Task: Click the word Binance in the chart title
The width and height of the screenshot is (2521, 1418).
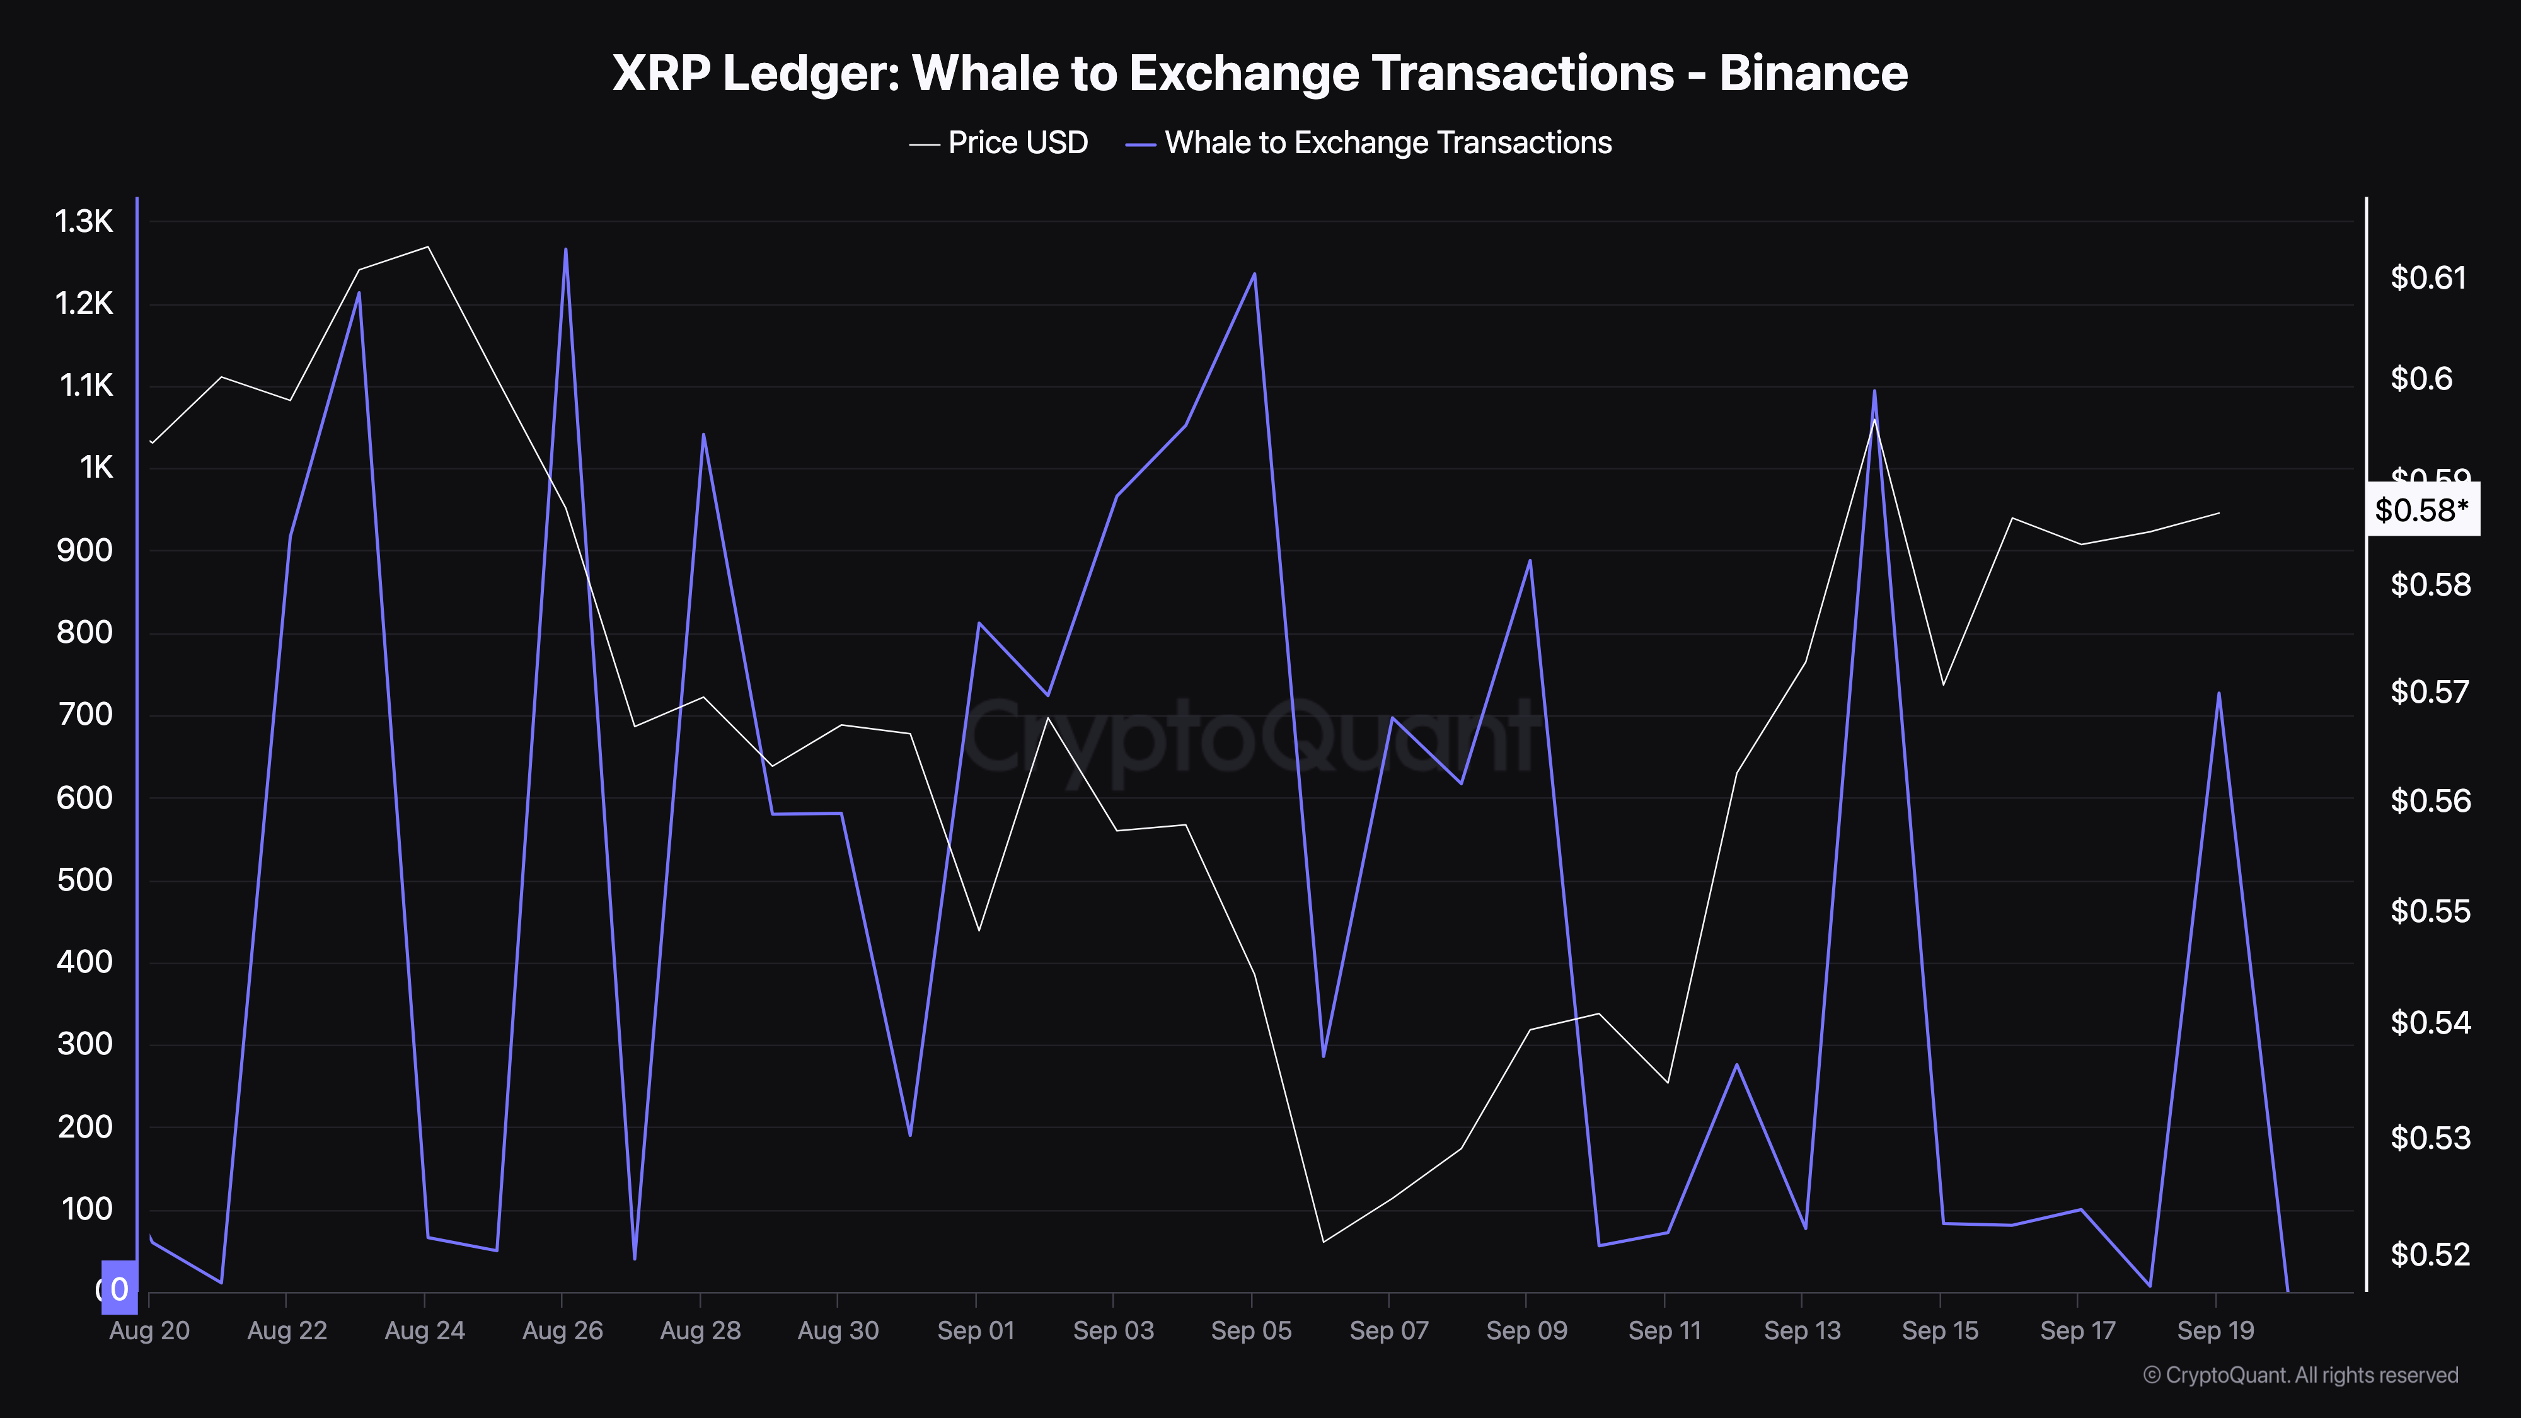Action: pos(1813,73)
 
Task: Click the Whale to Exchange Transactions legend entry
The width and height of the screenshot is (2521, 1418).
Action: pos(1387,143)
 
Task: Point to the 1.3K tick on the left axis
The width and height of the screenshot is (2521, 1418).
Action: pos(84,222)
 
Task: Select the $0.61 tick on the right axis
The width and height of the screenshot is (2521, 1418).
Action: pos(2428,278)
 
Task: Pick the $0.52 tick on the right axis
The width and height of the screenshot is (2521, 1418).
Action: pos(2428,1254)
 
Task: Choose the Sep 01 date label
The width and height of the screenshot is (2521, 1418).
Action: pos(976,1331)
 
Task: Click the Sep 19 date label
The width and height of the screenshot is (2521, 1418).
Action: pos(2216,1331)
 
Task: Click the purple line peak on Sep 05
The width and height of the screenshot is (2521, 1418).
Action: pos(1255,274)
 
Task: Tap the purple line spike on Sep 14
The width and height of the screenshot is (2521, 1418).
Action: pos(1874,391)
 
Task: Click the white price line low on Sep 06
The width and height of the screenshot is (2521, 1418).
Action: pos(1323,1242)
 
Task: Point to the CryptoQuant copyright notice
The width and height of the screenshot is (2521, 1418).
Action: pos(2300,1375)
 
